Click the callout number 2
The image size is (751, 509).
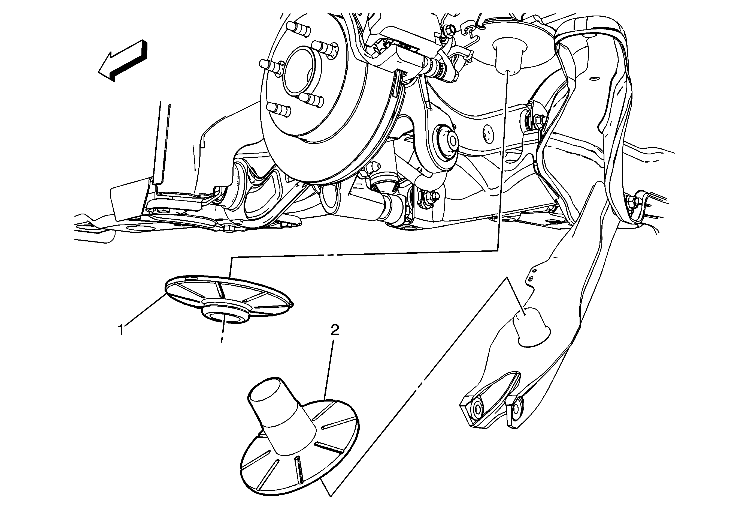(x=335, y=330)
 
